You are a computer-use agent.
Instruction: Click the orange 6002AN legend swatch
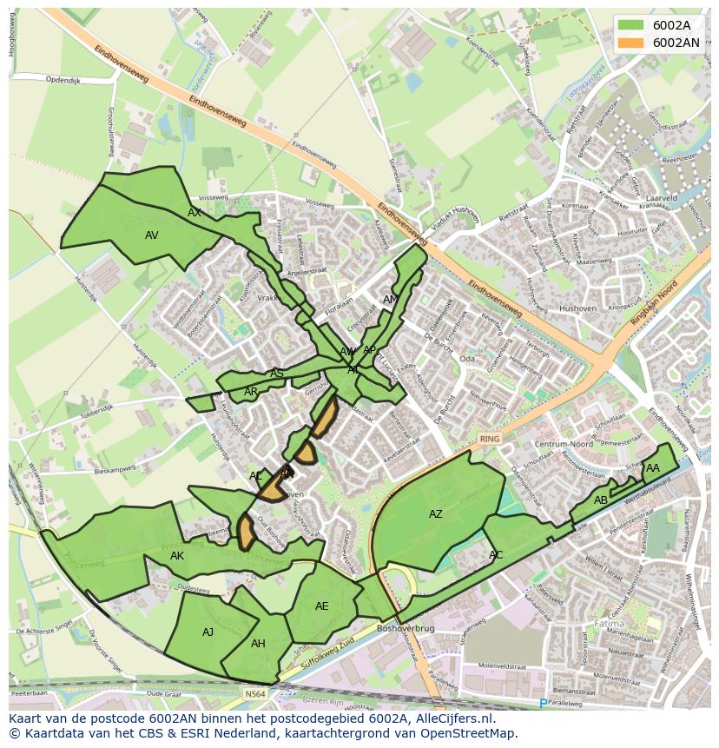click(632, 42)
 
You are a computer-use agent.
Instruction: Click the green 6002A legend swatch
click(632, 25)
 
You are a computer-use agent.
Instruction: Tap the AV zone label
click(152, 235)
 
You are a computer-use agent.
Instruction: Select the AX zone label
click(195, 212)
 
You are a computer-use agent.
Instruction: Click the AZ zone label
click(436, 514)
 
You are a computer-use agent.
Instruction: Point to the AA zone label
click(653, 468)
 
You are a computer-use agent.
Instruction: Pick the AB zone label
click(601, 500)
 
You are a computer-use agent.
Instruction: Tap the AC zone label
click(496, 555)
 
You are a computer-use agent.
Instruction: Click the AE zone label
click(322, 606)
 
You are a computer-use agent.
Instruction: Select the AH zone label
click(258, 644)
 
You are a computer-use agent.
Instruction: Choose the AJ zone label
click(208, 632)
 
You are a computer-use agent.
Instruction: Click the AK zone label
click(177, 556)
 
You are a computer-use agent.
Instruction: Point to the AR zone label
click(251, 392)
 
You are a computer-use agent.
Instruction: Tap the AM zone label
click(391, 300)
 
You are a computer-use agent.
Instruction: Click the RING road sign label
click(490, 439)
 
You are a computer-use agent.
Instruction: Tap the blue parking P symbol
click(544, 703)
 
